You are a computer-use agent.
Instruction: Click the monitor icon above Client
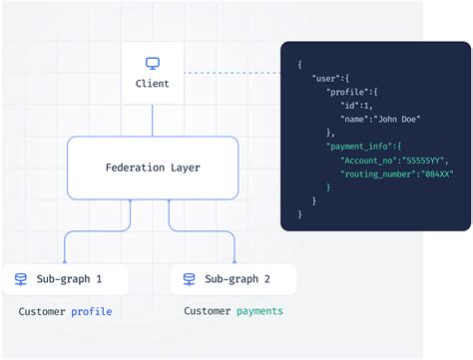pyautogui.click(x=153, y=64)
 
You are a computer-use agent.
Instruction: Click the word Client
pyautogui.click(x=153, y=84)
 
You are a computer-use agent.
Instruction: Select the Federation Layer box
pyautogui.click(x=153, y=168)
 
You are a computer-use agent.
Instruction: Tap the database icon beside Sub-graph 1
pyautogui.click(x=21, y=279)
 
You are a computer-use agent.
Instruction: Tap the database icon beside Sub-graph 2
pyautogui.click(x=189, y=279)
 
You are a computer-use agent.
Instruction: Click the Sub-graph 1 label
pyautogui.click(x=70, y=279)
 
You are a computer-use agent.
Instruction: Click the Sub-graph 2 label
pyautogui.click(x=237, y=279)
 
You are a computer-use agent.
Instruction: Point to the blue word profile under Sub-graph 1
pyautogui.click(x=91, y=312)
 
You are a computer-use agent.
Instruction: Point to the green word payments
pyautogui.click(x=259, y=311)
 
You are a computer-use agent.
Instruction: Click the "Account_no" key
pyautogui.click(x=370, y=160)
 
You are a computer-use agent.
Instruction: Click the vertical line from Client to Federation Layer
pyautogui.click(x=153, y=117)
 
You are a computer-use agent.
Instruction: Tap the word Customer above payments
pyautogui.click(x=207, y=311)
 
